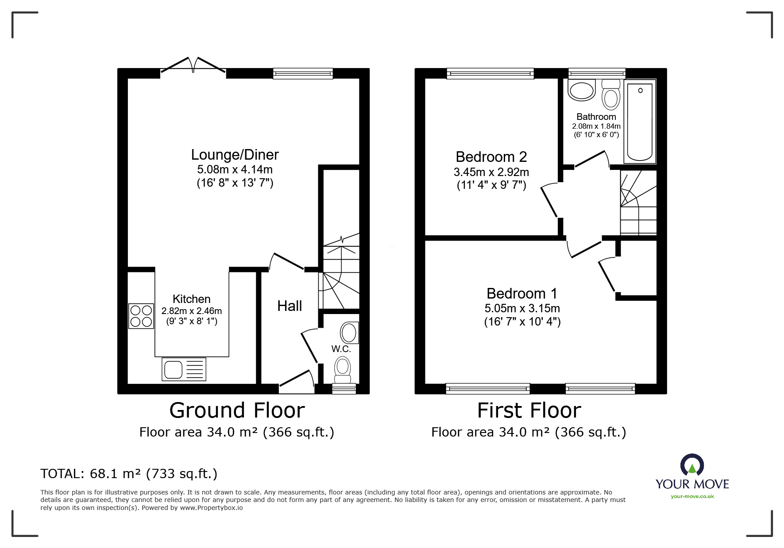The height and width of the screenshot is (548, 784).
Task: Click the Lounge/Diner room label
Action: point(235,155)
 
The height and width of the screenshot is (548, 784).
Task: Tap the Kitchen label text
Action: point(191,299)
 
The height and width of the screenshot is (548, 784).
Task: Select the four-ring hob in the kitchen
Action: point(141,316)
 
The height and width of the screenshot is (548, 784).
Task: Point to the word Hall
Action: point(290,306)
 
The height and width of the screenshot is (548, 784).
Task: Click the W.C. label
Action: point(341,349)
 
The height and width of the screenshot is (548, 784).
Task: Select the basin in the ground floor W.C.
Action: point(349,333)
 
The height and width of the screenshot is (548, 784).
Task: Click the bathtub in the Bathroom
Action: point(640,122)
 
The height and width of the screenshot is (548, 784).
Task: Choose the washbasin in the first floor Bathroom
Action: point(582,90)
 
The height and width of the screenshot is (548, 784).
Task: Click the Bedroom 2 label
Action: point(491,157)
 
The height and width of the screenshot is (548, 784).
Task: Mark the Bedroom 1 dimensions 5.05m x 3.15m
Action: point(522,308)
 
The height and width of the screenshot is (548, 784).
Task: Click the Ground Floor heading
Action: point(237,410)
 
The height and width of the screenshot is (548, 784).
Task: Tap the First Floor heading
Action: point(529,410)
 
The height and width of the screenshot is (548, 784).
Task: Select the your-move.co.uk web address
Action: point(692,496)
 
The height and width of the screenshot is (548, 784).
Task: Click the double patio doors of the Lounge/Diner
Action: point(193,65)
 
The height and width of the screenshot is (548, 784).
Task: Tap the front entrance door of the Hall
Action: point(296,381)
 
